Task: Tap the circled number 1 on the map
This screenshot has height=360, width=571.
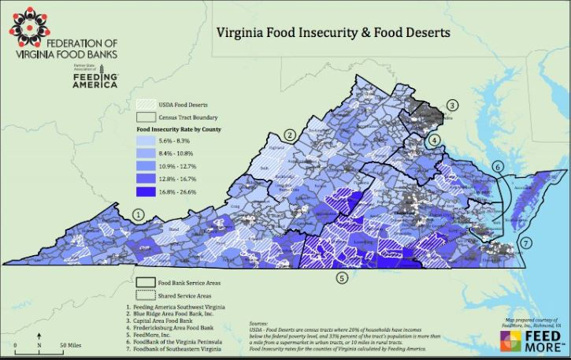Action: [139, 214]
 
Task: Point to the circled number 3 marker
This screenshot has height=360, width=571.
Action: [452, 105]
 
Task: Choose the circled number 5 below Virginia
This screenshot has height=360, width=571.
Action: [341, 277]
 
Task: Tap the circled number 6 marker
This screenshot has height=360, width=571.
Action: [498, 167]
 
